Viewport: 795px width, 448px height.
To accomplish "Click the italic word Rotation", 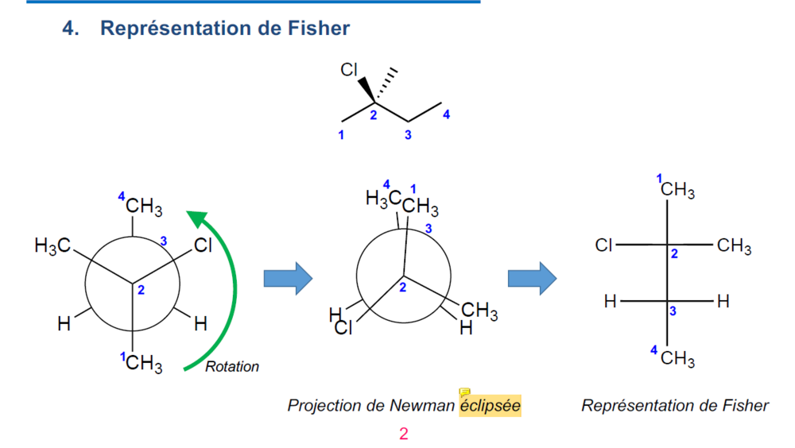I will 232,367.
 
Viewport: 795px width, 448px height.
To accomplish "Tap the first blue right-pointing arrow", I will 288,277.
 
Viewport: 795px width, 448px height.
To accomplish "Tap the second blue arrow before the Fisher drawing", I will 532,277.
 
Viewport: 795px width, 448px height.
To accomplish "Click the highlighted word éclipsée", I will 490,406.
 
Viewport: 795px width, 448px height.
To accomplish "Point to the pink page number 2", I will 404,434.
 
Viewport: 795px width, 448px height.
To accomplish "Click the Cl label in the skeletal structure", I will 349,70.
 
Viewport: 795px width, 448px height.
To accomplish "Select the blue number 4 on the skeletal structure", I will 446,115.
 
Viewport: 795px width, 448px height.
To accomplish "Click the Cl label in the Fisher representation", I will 604,246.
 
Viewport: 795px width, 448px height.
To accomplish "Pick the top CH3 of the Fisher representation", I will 677,191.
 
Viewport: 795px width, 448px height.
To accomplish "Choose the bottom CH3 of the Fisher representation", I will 677,359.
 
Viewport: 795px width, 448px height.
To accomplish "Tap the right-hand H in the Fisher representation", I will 723,302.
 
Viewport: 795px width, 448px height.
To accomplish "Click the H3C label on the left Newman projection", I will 52,246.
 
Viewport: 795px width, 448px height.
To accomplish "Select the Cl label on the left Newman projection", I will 204,246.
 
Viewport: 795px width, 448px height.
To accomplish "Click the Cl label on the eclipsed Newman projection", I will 343,329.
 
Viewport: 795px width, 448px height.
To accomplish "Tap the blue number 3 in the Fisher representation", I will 673,311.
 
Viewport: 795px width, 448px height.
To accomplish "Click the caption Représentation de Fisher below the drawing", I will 675,406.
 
